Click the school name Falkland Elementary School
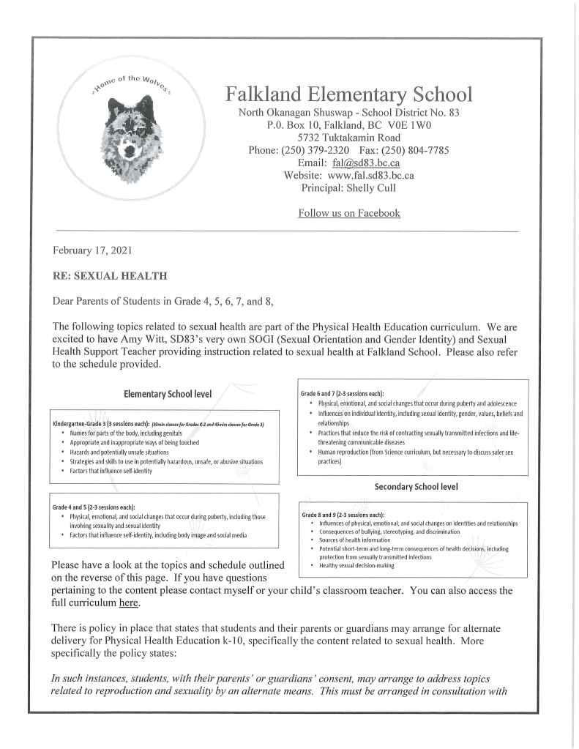pos(348,94)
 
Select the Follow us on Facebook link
pos(348,213)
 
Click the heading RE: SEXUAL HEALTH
pos(110,276)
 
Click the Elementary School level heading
pos(168,394)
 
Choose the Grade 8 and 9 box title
pos(343,515)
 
